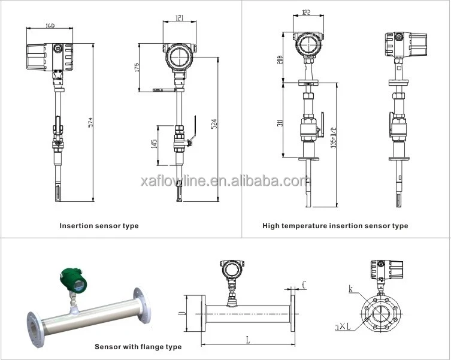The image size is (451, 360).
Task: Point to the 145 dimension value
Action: tap(155, 144)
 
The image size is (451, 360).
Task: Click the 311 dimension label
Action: tap(280, 124)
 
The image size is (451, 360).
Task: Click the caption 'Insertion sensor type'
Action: tap(99, 226)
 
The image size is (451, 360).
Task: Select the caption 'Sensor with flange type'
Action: tap(138, 347)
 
